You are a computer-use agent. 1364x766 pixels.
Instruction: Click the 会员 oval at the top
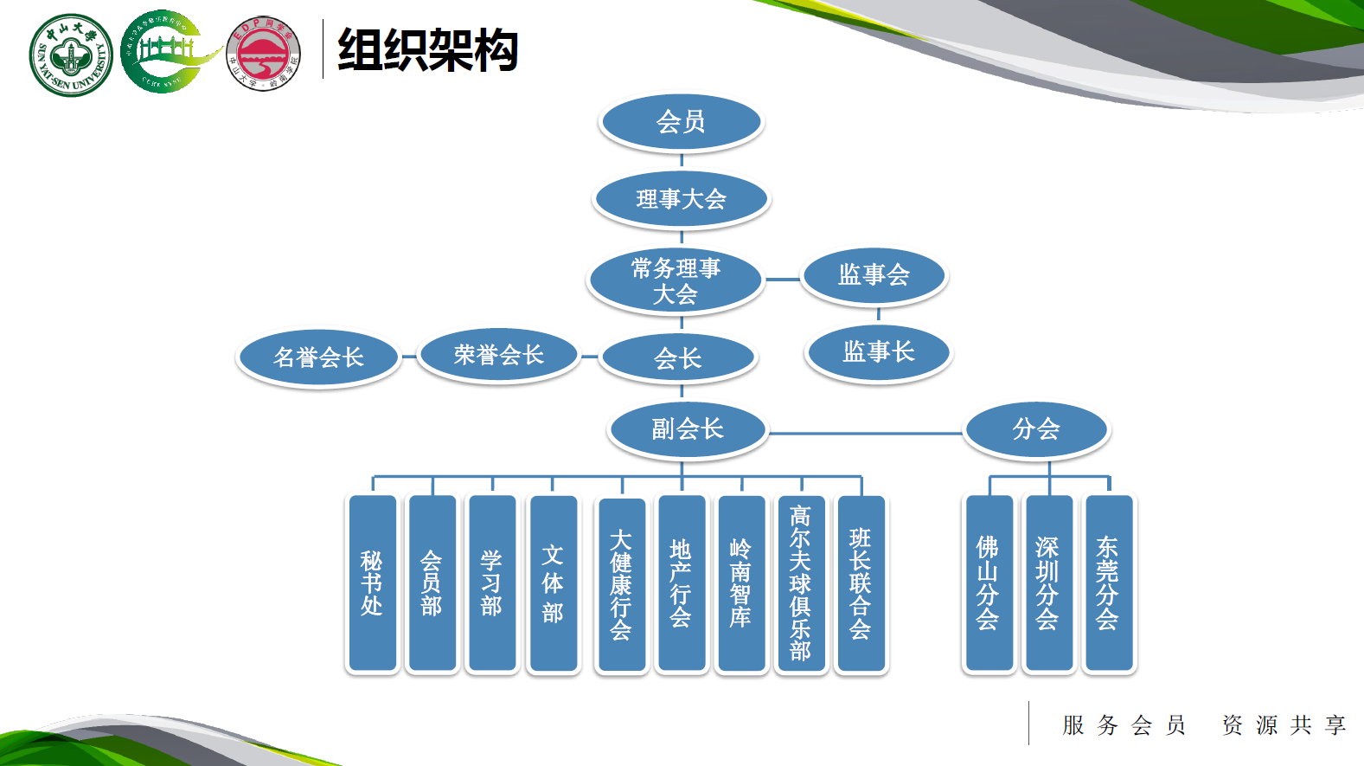pos(681,122)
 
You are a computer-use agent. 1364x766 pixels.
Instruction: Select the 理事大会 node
pos(681,199)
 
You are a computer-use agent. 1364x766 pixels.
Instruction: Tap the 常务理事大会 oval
pos(676,281)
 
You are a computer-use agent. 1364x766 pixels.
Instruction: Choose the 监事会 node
pos(874,275)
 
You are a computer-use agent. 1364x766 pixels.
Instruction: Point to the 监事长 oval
pos(878,352)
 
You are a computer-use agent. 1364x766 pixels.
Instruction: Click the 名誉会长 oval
pos(318,357)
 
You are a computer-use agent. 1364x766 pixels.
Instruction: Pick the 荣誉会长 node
pos(498,355)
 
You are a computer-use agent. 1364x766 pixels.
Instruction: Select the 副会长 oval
pos(688,429)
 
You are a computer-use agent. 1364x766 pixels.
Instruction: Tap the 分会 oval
pos(1036,429)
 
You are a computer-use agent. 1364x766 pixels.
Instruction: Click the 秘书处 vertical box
pos(372,583)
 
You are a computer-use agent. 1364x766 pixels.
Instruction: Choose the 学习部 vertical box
pos(491,583)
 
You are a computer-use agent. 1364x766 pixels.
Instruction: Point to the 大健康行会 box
pos(621,585)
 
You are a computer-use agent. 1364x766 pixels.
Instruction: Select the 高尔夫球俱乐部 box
pos(801,583)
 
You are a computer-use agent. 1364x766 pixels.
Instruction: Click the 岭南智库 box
pos(741,583)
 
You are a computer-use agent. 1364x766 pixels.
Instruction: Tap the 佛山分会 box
pos(988,583)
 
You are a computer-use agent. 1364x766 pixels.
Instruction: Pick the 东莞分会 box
pos(1108,583)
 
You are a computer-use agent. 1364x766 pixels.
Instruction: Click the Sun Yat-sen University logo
pos(71,55)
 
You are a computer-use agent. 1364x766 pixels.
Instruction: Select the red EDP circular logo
pos(264,54)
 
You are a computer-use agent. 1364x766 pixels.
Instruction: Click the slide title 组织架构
pos(427,50)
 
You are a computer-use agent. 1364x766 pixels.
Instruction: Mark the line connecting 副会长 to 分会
pos(865,433)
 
